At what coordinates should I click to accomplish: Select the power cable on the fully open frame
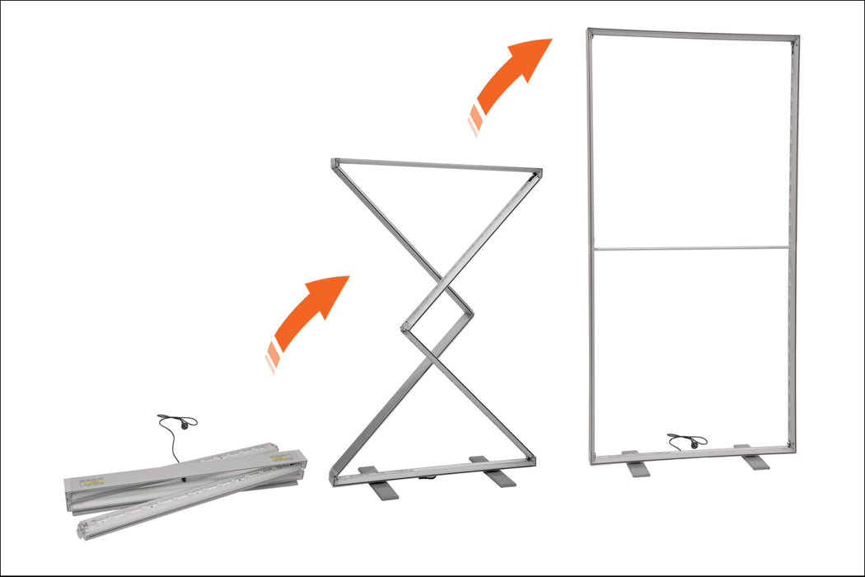(685, 441)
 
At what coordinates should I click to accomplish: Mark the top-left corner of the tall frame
(591, 32)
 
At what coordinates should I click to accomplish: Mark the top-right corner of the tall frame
(796, 38)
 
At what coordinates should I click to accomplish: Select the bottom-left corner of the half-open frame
(334, 479)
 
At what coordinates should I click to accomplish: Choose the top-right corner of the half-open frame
(539, 172)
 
